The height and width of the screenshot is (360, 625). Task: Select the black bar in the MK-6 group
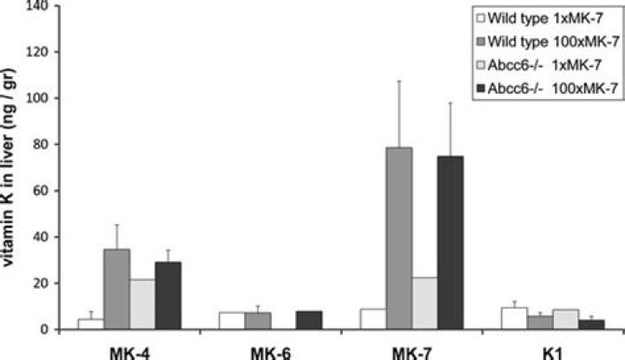[309, 320]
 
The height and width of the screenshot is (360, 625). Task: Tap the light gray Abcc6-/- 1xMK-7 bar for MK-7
[424, 304]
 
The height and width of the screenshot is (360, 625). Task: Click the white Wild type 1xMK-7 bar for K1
[515, 318]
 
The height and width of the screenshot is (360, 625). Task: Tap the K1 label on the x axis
[552, 351]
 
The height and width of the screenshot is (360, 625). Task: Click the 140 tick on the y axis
[38, 6]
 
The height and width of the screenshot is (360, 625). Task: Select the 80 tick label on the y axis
[42, 145]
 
